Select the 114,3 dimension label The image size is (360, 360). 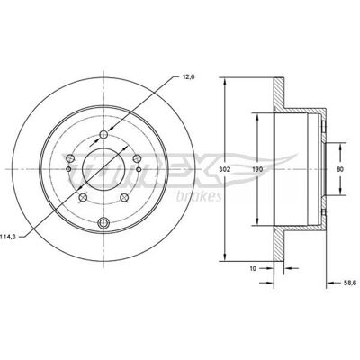8,237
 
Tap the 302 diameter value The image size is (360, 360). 224,169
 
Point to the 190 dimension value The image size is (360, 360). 257,169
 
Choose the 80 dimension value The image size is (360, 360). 340,169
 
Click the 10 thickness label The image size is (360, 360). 253,268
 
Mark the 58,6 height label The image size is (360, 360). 349,283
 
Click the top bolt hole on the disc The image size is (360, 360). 103,134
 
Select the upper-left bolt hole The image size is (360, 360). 70,157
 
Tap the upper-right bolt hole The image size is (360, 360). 137,157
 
